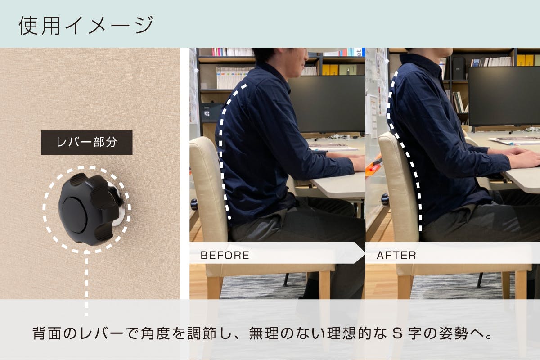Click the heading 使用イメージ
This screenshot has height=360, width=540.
click(x=85, y=25)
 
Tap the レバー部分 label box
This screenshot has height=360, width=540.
click(x=86, y=143)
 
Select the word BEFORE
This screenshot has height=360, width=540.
click(x=225, y=256)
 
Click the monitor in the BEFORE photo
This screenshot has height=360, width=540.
click(x=326, y=103)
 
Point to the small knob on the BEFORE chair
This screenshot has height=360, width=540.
click(x=194, y=205)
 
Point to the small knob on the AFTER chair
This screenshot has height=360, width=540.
click(x=385, y=198)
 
